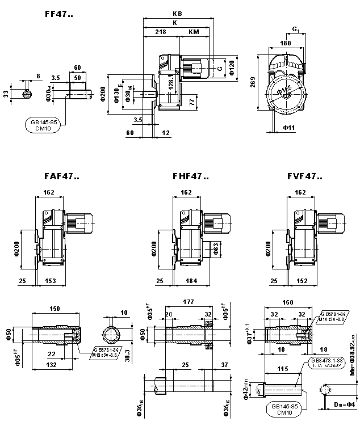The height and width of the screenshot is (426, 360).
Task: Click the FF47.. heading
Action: click(58, 14)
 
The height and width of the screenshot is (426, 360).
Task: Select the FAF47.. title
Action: click(61, 176)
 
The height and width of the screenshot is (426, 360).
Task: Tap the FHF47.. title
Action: click(191, 176)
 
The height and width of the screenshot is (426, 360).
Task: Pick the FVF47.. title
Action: click(305, 176)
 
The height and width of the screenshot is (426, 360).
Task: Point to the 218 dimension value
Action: click(161, 32)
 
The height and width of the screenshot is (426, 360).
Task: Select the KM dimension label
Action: click(193, 32)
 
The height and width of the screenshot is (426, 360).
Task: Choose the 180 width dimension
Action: click(286, 43)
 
